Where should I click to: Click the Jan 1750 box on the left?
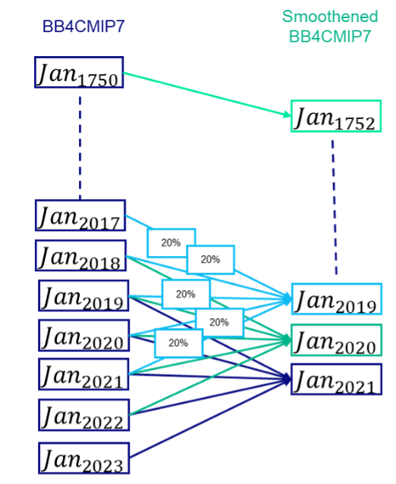click(79, 73)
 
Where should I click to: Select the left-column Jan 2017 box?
click(80, 216)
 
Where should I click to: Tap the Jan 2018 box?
click(80, 255)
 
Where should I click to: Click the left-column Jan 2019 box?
click(83, 295)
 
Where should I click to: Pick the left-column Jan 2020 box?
click(83, 336)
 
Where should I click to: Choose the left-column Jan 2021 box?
click(83, 376)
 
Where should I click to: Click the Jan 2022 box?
click(83, 415)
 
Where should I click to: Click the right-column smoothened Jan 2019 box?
click(336, 299)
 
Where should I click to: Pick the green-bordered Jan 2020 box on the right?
click(336, 340)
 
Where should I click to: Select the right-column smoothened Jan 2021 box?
click(336, 379)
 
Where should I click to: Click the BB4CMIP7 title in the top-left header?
click(83, 27)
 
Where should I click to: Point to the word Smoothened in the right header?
click(329, 17)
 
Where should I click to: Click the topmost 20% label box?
click(171, 243)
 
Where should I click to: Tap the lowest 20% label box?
click(178, 343)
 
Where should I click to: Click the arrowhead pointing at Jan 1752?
click(284, 116)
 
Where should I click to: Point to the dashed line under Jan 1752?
click(334, 205)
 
